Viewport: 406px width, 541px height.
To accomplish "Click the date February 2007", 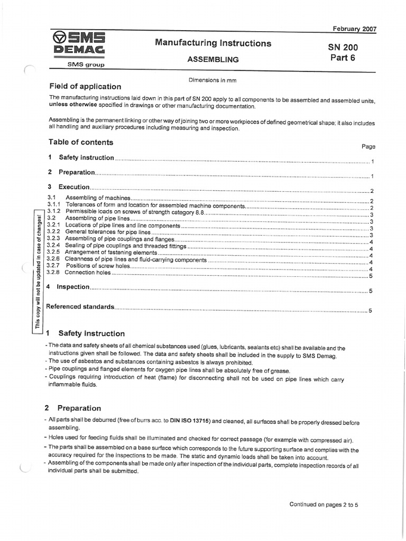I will (354, 29).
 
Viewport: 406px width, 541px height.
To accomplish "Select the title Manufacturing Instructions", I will (213, 43).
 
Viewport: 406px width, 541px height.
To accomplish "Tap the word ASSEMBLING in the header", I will (213, 60).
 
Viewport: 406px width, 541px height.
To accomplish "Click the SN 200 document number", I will (343, 48).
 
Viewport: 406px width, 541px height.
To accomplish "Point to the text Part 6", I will (343, 58).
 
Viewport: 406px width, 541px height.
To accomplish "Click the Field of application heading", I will (85, 86).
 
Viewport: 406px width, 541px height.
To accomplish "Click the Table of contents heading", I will (81, 142).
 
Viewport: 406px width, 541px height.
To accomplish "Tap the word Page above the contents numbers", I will (368, 146).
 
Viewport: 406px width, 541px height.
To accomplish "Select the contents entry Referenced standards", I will (80, 306).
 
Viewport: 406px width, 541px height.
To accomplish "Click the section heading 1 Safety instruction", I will (86, 333).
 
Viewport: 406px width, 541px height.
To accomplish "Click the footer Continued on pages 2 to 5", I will (324, 504).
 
